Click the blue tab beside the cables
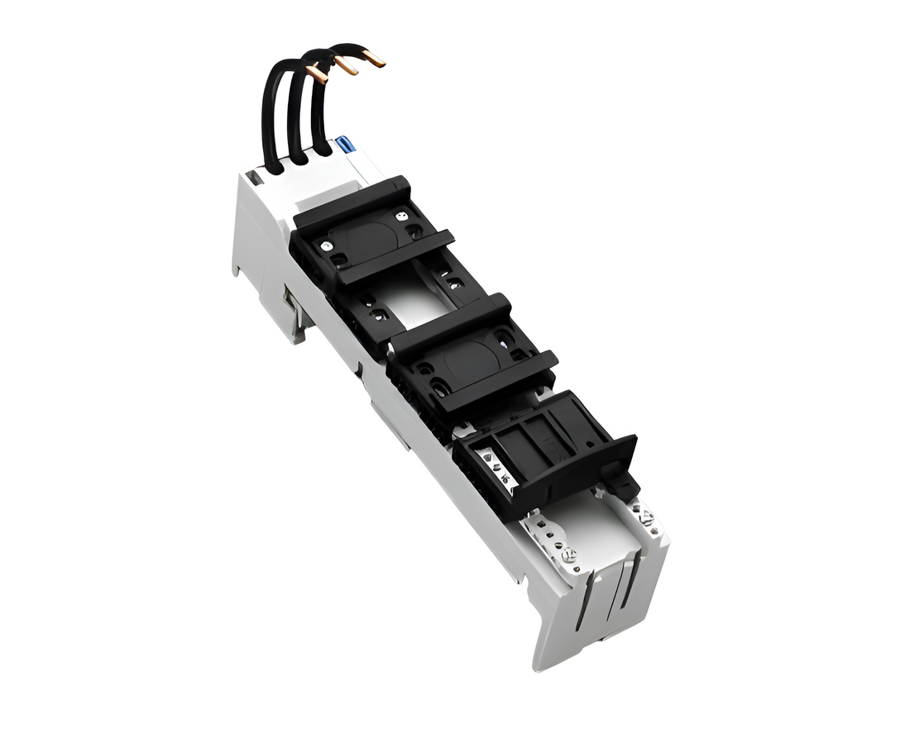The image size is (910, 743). tap(346, 145)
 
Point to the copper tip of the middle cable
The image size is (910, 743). tap(345, 66)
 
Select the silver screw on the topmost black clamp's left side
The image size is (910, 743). tap(328, 245)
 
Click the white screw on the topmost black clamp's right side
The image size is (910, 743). tap(402, 216)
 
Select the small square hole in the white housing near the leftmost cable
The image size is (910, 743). tap(255, 177)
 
